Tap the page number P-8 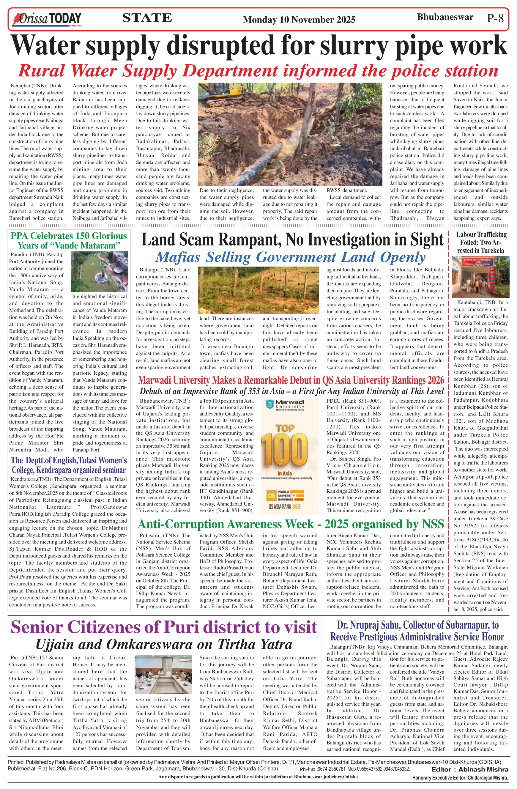click(495, 18)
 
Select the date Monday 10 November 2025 click(299, 20)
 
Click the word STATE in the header click(147, 18)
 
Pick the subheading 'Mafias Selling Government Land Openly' click(290, 257)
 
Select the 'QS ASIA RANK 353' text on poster click(284, 507)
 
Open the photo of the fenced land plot click(258, 290)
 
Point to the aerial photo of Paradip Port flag click(100, 272)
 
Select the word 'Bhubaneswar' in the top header click(445, 17)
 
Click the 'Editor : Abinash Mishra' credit click(469, 769)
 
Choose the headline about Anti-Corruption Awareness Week click(290, 524)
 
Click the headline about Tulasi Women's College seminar click(69, 465)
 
